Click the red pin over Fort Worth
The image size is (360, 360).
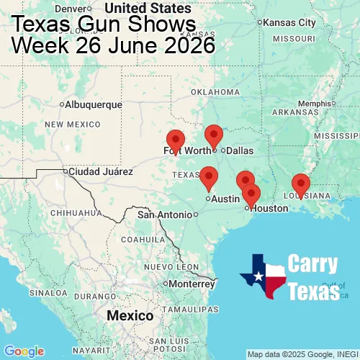pyautogui.click(x=175, y=140)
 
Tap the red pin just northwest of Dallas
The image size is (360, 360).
pyautogui.click(x=214, y=135)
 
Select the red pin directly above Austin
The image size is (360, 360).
pyautogui.click(x=209, y=176)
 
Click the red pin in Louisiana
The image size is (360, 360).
pyautogui.click(x=300, y=184)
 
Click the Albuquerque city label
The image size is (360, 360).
pyautogui.click(x=94, y=104)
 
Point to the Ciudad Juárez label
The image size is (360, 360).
pyautogui.click(x=100, y=172)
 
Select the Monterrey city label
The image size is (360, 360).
pyautogui.click(x=192, y=284)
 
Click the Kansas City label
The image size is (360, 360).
pyautogui.click(x=289, y=22)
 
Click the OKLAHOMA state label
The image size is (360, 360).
pyautogui.click(x=215, y=92)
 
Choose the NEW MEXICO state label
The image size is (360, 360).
pyautogui.click(x=71, y=125)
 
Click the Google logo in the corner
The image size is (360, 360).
pyautogui.click(x=23, y=351)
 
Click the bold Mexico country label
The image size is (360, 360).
pyautogui.click(x=130, y=316)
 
